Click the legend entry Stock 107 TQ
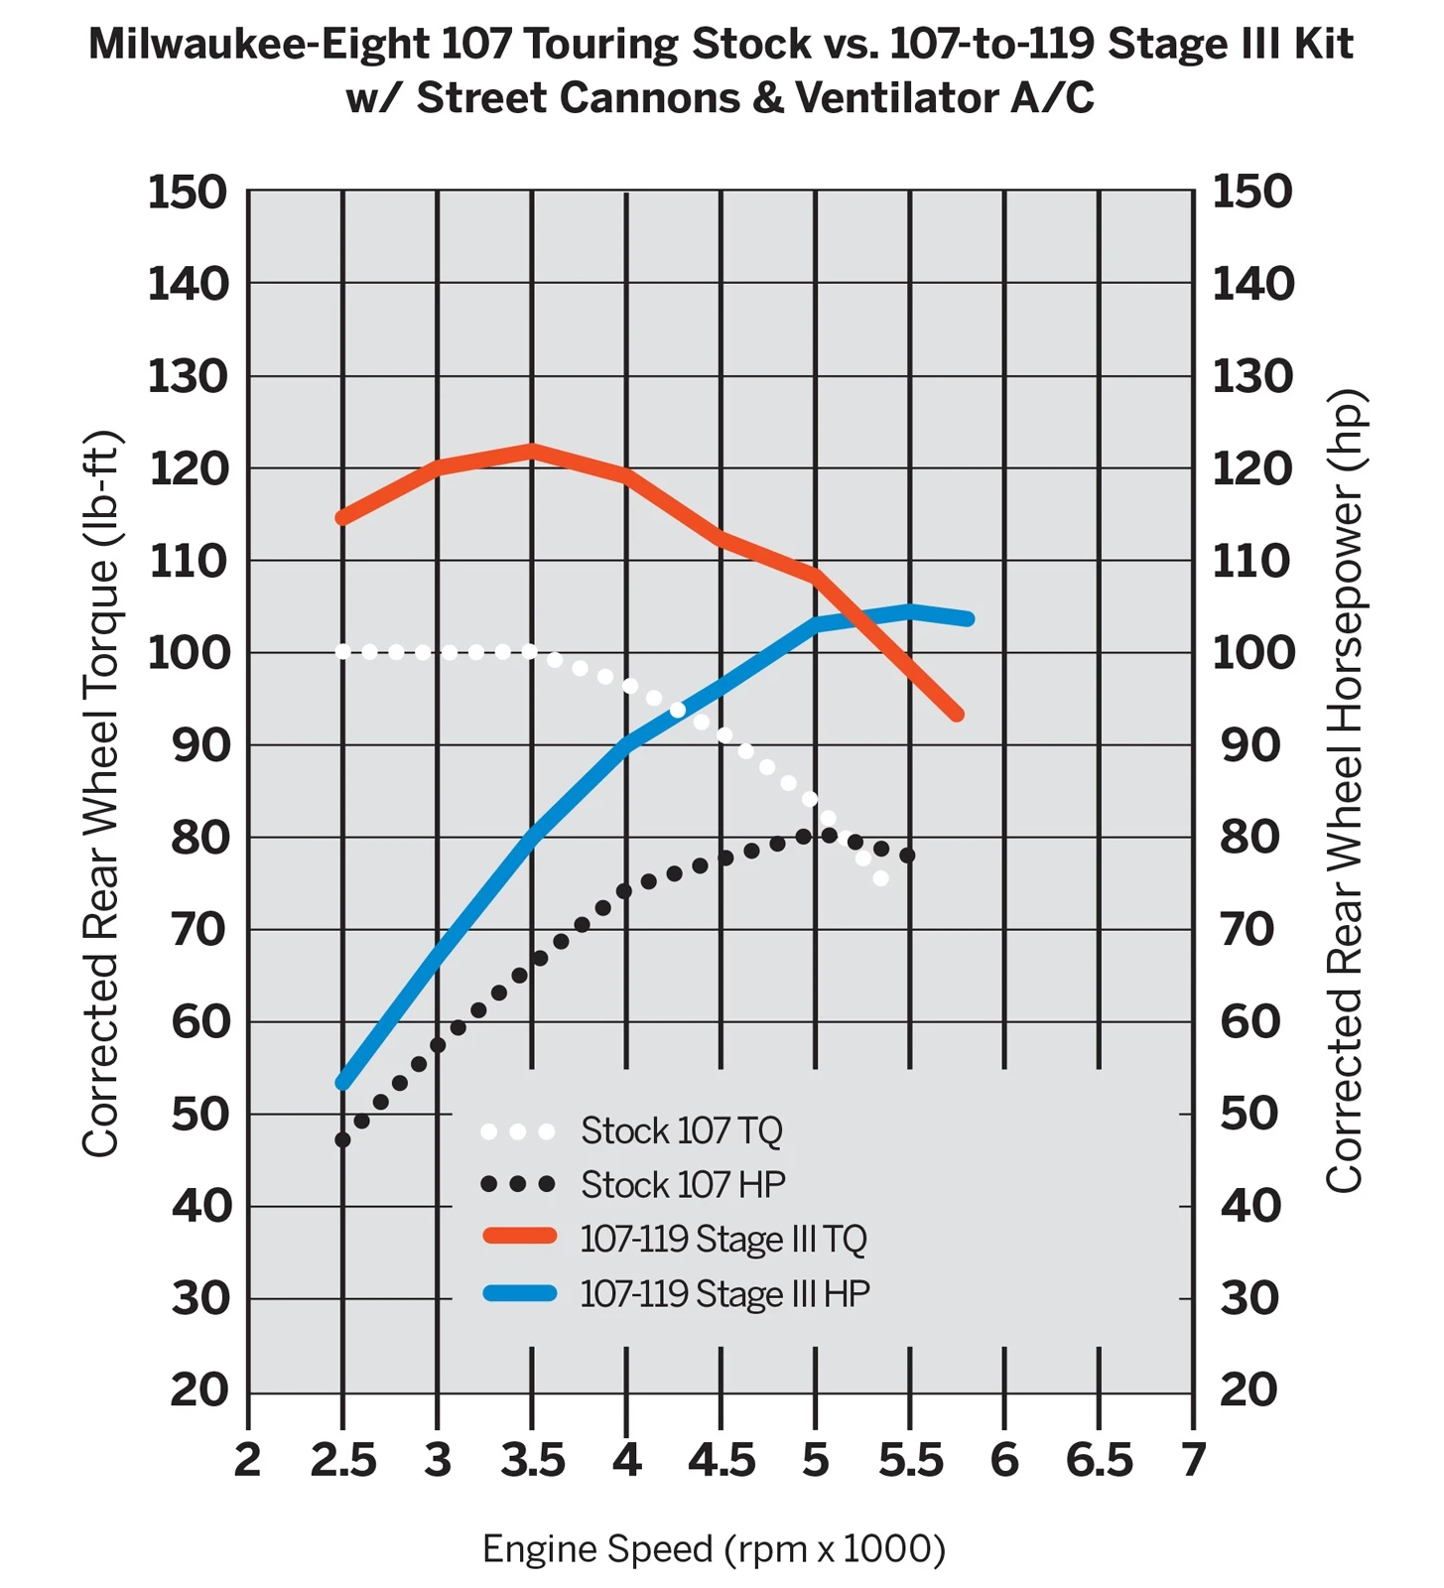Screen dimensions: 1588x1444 coord(682,1130)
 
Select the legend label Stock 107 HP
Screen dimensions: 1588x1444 coord(683,1184)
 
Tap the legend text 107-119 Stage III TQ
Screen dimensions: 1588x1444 coord(723,1239)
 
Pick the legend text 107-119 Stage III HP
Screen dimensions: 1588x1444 coord(724,1293)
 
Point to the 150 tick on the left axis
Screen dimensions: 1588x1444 coord(189,192)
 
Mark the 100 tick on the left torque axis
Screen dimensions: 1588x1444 coord(189,653)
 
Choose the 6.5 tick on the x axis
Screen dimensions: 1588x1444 coord(1099,1460)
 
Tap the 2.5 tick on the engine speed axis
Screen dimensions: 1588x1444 coord(343,1460)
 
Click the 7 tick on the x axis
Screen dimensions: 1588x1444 coord(1193,1460)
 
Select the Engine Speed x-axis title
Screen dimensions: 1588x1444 coord(714,1549)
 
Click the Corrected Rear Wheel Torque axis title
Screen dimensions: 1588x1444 coord(101,794)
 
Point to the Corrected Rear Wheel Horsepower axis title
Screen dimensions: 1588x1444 coord(1346,791)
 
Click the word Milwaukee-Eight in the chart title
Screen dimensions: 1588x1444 coord(260,45)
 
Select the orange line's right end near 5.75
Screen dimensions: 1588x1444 coord(957,714)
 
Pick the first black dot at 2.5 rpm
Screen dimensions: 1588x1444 coord(342,1140)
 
